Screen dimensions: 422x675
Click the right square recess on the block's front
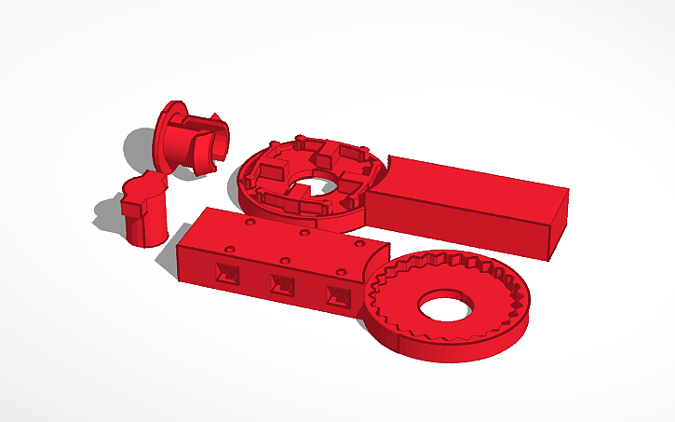pos(337,296)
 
